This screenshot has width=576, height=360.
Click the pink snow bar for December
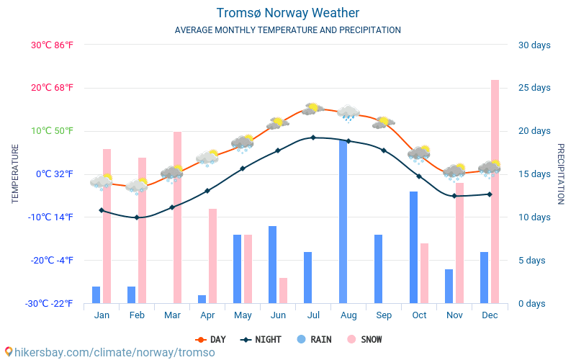495,192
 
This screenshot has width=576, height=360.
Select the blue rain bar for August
343,222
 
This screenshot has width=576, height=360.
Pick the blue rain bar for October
414,247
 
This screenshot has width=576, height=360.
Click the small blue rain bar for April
202,299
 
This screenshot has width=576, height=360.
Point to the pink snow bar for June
283,290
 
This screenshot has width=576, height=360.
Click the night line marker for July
313,138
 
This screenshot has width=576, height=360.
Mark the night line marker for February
137,217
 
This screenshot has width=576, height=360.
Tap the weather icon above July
312,109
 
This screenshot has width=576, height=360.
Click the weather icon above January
102,181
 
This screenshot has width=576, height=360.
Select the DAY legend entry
211,339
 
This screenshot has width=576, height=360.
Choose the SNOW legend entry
364,339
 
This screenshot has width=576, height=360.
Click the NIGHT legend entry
261,339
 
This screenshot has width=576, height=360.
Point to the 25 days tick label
534,88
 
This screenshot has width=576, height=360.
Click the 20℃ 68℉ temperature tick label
52,88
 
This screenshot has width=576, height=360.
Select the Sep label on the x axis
384,315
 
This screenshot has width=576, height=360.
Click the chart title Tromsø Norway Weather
288,13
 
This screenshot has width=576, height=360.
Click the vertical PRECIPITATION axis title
562,174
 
